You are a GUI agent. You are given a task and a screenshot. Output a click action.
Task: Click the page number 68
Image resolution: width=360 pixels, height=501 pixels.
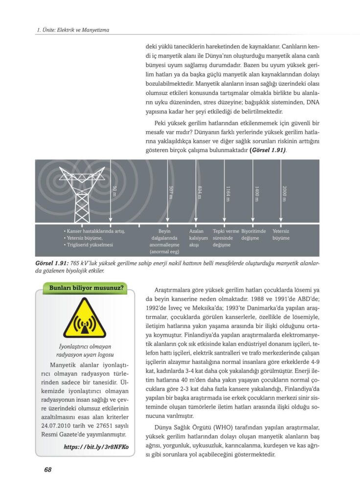point(47,470)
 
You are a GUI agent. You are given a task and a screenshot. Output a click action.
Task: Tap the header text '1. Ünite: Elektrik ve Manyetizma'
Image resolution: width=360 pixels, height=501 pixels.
point(73,30)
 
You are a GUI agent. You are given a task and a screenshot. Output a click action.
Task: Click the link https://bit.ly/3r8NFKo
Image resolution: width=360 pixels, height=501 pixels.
point(96,447)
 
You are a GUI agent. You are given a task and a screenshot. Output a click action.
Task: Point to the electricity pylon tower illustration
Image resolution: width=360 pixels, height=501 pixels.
point(82,193)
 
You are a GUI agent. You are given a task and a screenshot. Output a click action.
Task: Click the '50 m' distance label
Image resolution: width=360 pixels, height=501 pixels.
point(115,191)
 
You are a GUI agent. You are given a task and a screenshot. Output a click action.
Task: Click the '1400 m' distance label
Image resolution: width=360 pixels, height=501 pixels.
point(256,192)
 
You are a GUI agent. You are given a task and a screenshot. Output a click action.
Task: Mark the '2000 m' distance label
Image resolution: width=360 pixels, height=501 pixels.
point(284,192)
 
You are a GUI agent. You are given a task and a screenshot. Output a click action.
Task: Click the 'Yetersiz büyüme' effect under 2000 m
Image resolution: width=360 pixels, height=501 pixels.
point(281,234)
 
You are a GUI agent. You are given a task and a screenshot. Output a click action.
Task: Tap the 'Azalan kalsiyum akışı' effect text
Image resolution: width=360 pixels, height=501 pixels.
point(199,238)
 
